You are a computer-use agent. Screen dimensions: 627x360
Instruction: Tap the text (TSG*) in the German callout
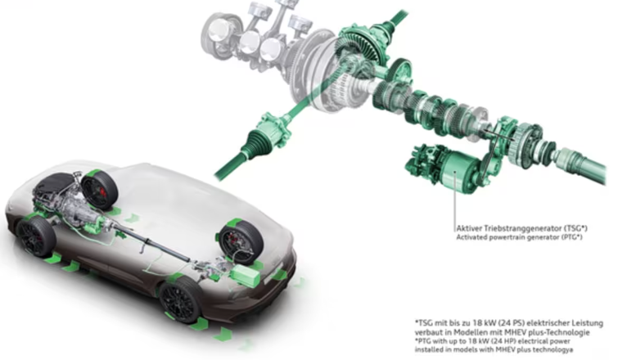[576, 228]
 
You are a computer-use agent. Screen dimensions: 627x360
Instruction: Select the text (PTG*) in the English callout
[571, 237]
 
